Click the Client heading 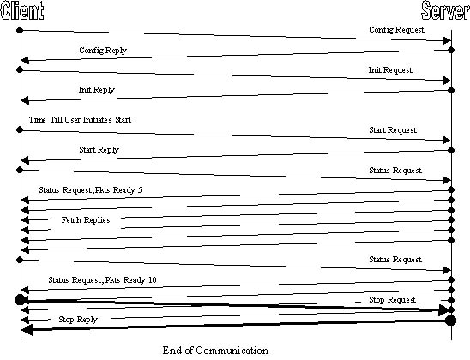point(22,10)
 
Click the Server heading point(445,10)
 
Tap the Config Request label point(396,30)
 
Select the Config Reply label point(103,51)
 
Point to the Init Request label point(390,70)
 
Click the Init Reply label point(97,90)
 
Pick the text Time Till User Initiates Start point(80,120)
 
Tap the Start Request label point(393,130)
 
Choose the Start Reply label point(99,150)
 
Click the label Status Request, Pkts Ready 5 point(90,190)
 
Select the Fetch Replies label point(86,220)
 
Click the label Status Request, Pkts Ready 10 point(102,280)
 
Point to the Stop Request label point(392,300)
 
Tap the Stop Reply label point(78,320)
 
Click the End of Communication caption point(215,351)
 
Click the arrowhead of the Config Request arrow point(447,41)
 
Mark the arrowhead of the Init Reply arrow point(25,100)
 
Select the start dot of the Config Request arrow point(20,30)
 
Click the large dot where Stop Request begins point(20,300)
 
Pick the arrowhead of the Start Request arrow point(447,141)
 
